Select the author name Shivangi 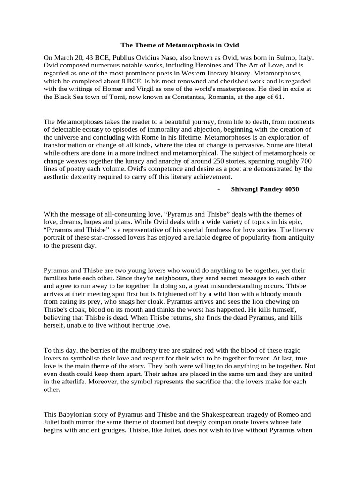pyautogui.click(x=248, y=189)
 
